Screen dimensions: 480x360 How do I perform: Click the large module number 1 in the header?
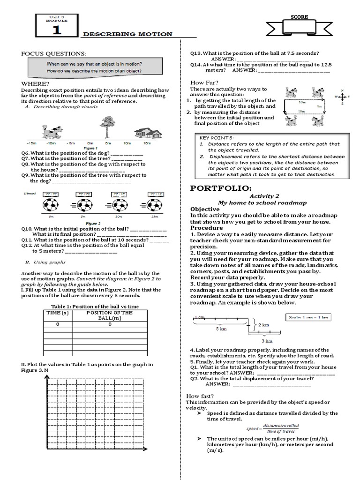56,30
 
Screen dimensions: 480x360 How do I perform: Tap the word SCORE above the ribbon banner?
299,17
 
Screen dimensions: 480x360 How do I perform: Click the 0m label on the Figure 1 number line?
90,142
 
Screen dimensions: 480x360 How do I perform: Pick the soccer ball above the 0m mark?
50,205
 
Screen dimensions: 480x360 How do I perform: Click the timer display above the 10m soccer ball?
119,194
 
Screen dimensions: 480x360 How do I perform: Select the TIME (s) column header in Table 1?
58,313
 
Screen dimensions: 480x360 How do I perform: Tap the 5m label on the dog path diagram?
319,106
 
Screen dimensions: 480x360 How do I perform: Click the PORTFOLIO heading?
221,188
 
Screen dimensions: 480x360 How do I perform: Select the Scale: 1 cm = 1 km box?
307,317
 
